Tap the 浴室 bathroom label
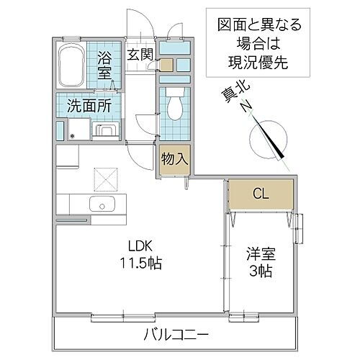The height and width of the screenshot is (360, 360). pyautogui.click(x=105, y=63)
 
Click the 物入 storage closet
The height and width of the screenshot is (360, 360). pyautogui.click(x=174, y=157)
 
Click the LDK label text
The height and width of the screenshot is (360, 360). pyautogui.click(x=140, y=246)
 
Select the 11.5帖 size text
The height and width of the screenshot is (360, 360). pyautogui.click(x=140, y=264)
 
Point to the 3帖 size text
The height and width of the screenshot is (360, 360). pyautogui.click(x=261, y=273)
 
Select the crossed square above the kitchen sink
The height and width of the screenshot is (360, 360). pyautogui.click(x=105, y=175)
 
